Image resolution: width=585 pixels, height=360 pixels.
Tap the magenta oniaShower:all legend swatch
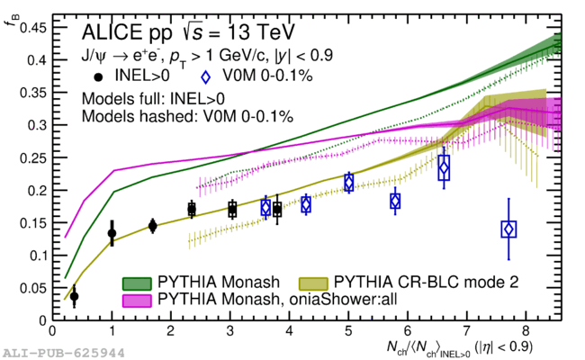point(138,298)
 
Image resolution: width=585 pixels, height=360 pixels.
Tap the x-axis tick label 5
point(348,331)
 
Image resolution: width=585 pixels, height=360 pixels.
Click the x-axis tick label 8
point(526,331)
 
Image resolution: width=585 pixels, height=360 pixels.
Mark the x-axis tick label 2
point(171,331)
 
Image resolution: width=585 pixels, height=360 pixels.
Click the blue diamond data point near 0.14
point(508,229)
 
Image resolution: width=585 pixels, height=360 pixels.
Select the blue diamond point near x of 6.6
point(444,167)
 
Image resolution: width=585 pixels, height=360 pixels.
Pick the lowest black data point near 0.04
point(74,296)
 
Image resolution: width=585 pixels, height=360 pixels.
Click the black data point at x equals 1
point(112,233)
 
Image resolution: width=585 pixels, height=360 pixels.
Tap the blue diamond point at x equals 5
point(348,183)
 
